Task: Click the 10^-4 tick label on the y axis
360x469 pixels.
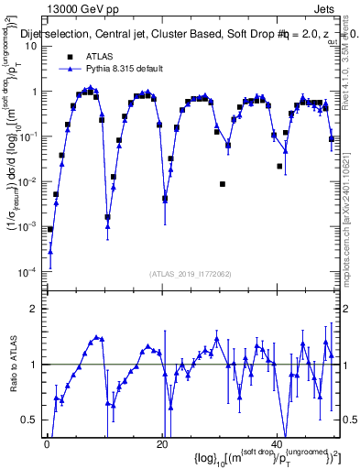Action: tap(27, 272)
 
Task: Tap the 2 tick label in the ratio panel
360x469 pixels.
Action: tap(34, 309)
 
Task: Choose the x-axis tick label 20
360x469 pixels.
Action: tap(163, 446)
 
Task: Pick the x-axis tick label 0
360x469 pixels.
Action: tap(47, 446)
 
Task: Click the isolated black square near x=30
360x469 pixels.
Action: tap(223, 184)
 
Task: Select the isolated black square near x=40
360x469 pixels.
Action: tap(280, 166)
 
